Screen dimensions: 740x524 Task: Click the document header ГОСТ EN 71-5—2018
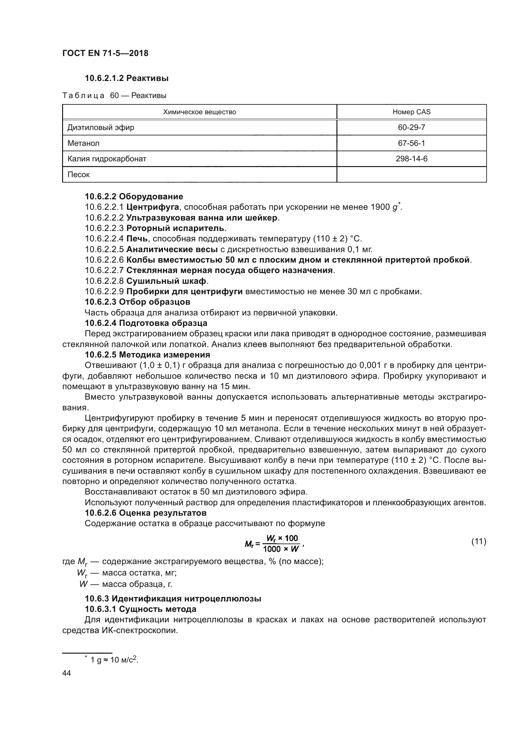pyautogui.click(x=105, y=53)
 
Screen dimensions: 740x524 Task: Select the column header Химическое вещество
pyautogui.click(x=199, y=112)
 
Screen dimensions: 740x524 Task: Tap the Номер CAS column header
pyautogui.click(x=412, y=112)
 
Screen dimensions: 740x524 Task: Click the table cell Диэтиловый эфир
pyautogui.click(x=101, y=127)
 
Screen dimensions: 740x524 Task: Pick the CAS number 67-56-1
pyautogui.click(x=412, y=143)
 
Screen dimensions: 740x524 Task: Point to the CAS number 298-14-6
pyautogui.click(x=412, y=159)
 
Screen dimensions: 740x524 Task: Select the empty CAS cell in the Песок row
pyautogui.click(x=412, y=175)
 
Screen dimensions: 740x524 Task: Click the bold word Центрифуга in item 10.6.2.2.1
pyautogui.click(x=153, y=207)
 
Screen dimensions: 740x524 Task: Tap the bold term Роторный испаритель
pyautogui.click(x=175, y=228)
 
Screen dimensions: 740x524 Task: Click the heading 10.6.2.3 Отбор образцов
pyautogui.click(x=137, y=302)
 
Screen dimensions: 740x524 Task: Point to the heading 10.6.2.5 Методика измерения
pyautogui.click(x=147, y=355)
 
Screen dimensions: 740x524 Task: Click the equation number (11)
pyautogui.click(x=478, y=541)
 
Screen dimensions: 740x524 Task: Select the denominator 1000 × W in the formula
pyautogui.click(x=281, y=549)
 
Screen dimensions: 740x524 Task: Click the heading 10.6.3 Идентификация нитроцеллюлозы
pyautogui.click(x=173, y=599)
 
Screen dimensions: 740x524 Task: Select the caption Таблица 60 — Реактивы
pyautogui.click(x=114, y=96)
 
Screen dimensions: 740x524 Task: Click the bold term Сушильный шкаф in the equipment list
pyautogui.click(x=166, y=281)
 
